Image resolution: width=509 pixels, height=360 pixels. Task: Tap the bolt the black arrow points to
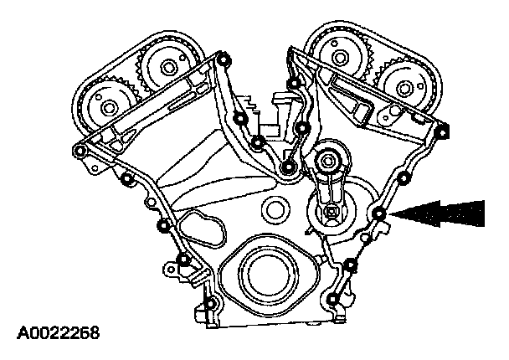point(380,216)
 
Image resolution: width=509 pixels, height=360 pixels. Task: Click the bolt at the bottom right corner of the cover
point(334,300)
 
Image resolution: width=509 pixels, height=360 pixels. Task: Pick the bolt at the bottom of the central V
point(289,169)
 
